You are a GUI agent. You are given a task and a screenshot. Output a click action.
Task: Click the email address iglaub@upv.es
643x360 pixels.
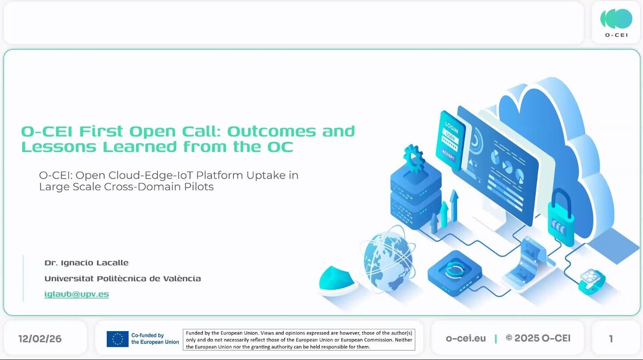click(x=76, y=294)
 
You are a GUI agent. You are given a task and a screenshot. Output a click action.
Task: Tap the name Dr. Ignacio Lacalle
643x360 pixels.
click(x=86, y=263)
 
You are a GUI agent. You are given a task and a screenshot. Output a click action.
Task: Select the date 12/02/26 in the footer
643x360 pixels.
click(x=40, y=339)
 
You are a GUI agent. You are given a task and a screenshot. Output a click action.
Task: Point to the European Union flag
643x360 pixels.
click(x=117, y=339)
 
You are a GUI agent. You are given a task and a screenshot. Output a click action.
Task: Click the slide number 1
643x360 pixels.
click(x=611, y=339)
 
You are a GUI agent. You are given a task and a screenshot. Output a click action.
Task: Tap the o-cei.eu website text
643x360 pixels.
click(x=466, y=339)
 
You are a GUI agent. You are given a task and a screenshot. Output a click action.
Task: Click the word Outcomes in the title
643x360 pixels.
click(x=271, y=132)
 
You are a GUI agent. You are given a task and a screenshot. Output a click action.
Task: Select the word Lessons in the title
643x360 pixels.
click(x=59, y=147)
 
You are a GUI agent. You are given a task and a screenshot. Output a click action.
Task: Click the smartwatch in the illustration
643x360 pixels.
click(x=591, y=282)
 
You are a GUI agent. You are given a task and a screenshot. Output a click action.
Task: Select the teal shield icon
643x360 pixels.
click(x=337, y=278)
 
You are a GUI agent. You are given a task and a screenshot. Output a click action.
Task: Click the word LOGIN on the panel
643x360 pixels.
click(x=451, y=128)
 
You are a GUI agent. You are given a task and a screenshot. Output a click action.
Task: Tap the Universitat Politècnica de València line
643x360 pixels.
click(x=123, y=279)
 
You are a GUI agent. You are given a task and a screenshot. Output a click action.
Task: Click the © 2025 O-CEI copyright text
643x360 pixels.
click(x=538, y=339)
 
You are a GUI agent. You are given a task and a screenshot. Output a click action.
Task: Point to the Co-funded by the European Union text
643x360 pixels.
click(x=155, y=339)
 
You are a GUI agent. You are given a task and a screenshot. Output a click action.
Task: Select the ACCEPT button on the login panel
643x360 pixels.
click(x=448, y=155)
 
